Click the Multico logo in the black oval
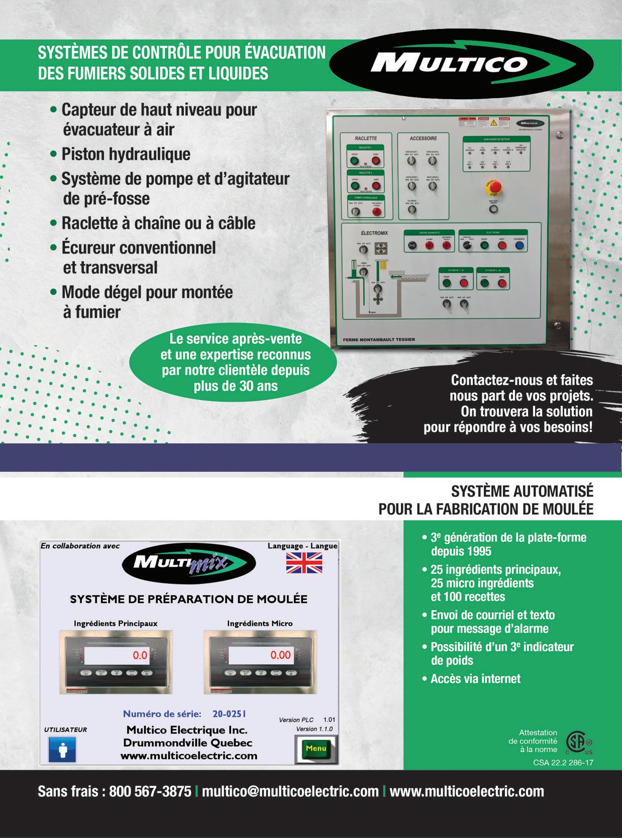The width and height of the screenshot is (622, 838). click(x=449, y=63)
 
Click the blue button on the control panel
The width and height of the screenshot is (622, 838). click(x=519, y=246)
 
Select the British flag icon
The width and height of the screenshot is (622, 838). click(x=304, y=563)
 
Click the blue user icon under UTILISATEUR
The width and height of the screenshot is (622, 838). click(x=62, y=749)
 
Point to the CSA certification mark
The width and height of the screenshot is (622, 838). click(x=579, y=742)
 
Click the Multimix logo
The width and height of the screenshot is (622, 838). click(x=189, y=564)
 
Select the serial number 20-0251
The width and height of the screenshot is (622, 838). click(x=229, y=713)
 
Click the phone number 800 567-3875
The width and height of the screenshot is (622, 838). click(x=150, y=791)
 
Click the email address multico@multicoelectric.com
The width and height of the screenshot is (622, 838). click(x=290, y=791)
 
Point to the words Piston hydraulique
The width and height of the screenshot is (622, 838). click(x=126, y=154)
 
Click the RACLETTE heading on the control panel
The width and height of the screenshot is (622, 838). click(x=365, y=138)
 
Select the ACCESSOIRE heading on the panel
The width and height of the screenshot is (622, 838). click(x=423, y=138)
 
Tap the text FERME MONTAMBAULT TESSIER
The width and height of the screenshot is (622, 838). click(x=379, y=339)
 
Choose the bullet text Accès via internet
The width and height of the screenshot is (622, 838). click(x=475, y=679)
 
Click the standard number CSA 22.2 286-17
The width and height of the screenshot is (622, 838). click(x=563, y=762)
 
